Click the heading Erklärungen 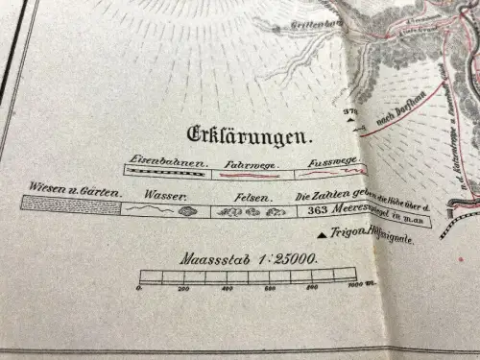pos(253,134)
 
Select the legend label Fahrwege pos(245,163)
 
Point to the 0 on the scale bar pos(141,287)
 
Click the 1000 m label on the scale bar pos(357,285)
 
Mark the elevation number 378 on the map pos(349,113)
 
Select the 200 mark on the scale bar pos(184,288)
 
